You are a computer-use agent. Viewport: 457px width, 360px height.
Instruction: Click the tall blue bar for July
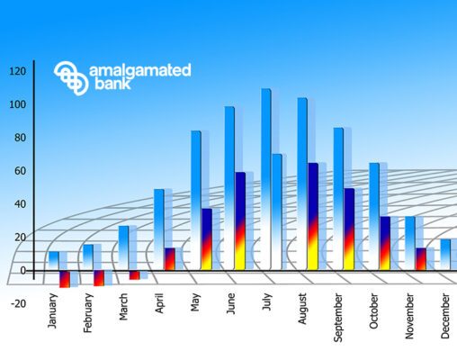266,179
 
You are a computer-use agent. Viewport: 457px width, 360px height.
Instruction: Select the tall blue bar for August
302,184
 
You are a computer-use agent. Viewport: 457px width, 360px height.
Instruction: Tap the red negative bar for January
65,279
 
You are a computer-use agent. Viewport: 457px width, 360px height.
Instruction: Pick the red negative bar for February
99,278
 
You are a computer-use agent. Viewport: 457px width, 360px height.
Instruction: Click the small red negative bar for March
134,275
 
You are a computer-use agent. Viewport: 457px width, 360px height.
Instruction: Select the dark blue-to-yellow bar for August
313,216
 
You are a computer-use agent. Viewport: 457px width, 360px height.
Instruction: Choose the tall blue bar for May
196,200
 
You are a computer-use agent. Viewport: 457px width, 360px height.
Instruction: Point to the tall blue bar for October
374,216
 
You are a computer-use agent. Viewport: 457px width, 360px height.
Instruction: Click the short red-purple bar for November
421,259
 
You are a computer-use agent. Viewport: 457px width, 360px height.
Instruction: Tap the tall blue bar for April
159,229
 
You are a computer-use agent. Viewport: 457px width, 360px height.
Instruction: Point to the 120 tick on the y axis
18,71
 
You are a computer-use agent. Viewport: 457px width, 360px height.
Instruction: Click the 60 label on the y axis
20,171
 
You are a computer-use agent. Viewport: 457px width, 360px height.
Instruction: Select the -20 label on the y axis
19,303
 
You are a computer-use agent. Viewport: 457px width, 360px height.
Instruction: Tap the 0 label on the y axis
23,271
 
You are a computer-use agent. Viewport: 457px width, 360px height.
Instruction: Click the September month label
338,318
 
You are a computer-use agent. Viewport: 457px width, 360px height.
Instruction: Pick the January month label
52,310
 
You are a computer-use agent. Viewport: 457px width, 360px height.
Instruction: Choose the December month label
445,316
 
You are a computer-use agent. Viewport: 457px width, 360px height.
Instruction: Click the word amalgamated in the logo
140,71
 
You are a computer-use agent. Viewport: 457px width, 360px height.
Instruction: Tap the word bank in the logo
112,84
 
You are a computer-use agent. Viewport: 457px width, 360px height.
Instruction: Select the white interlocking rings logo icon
71,78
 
